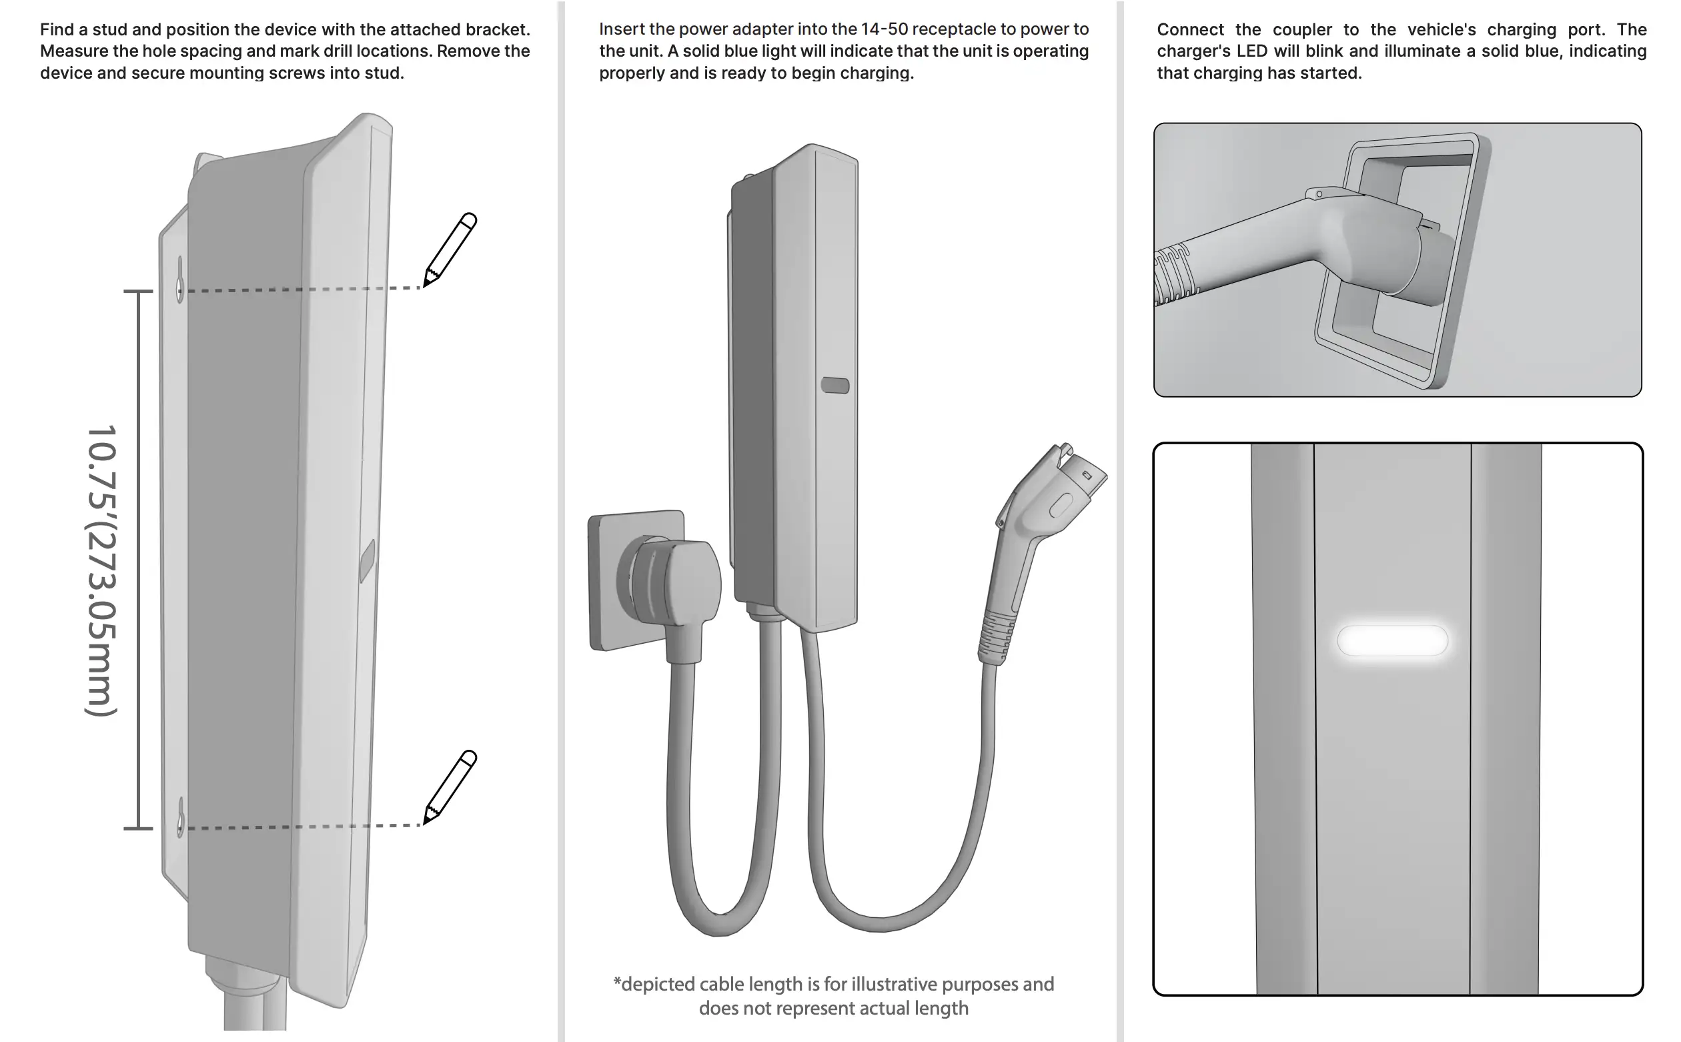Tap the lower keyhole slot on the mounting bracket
click(x=181, y=815)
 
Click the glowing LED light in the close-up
click(x=1391, y=640)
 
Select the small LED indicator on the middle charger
click(x=835, y=385)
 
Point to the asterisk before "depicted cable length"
click(x=616, y=982)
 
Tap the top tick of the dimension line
click(x=138, y=292)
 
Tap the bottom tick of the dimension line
click(x=138, y=828)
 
